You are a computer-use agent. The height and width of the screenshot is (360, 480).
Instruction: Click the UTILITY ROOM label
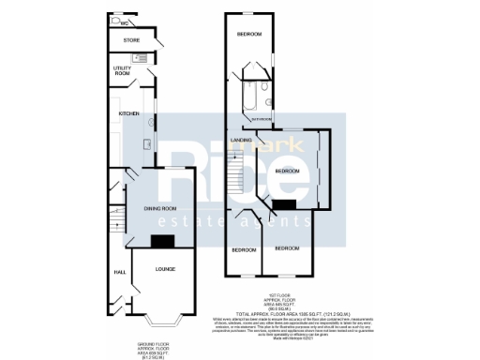(123, 70)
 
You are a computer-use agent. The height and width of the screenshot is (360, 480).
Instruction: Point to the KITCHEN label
(128, 114)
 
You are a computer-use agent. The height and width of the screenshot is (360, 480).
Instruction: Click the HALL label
(120, 272)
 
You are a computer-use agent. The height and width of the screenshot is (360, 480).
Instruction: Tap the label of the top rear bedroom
(248, 35)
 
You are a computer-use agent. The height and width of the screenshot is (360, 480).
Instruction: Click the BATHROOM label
(260, 120)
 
